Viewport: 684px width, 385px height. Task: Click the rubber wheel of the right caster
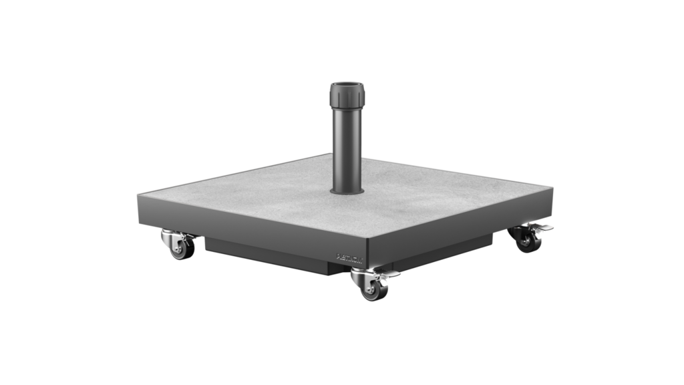point(528,243)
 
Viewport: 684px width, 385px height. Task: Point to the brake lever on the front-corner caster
point(389,275)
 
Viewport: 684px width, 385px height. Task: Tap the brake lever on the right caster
point(545,228)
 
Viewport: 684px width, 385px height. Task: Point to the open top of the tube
point(347,84)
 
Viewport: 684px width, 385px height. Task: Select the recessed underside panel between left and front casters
point(267,254)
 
